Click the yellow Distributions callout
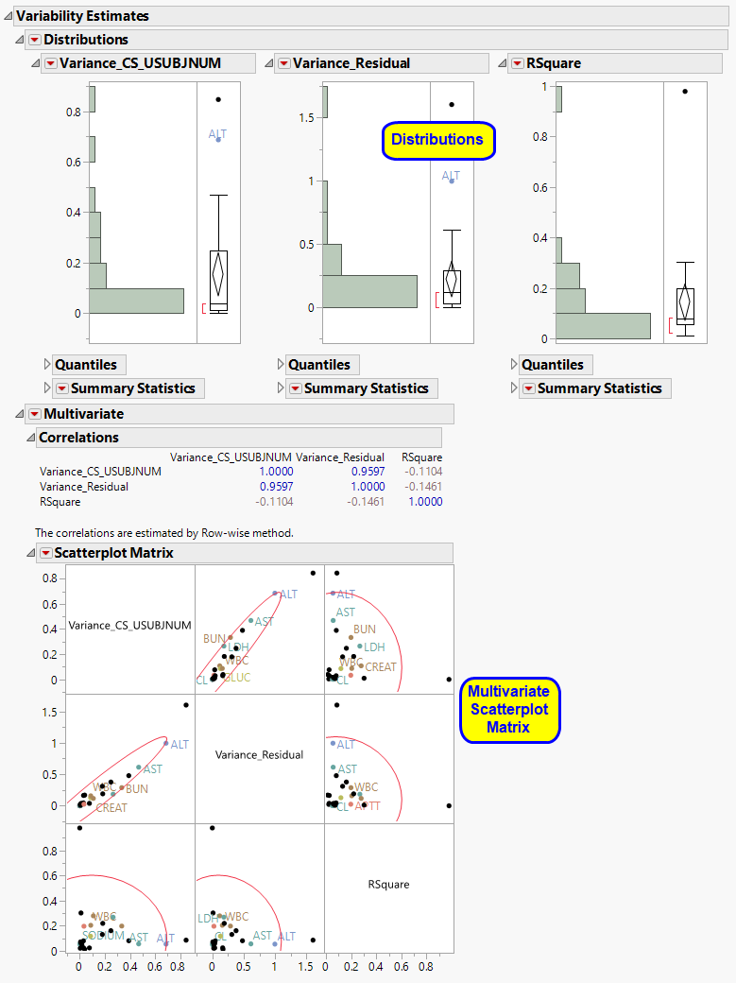pyautogui.click(x=437, y=140)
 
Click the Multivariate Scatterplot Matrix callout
pyautogui.click(x=509, y=710)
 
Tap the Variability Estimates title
pyautogui.click(x=82, y=16)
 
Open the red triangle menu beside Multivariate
pyautogui.click(x=34, y=414)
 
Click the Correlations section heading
pyautogui.click(x=78, y=438)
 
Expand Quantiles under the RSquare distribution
pyautogui.click(x=553, y=365)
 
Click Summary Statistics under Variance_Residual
pyautogui.click(x=366, y=388)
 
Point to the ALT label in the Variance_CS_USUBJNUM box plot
pyautogui.click(x=218, y=134)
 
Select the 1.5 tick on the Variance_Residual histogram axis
pyautogui.click(x=307, y=118)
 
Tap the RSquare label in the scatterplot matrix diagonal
pyautogui.click(x=388, y=885)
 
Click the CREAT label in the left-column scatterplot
pyautogui.click(x=111, y=808)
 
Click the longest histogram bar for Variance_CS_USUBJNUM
pyautogui.click(x=136, y=301)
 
